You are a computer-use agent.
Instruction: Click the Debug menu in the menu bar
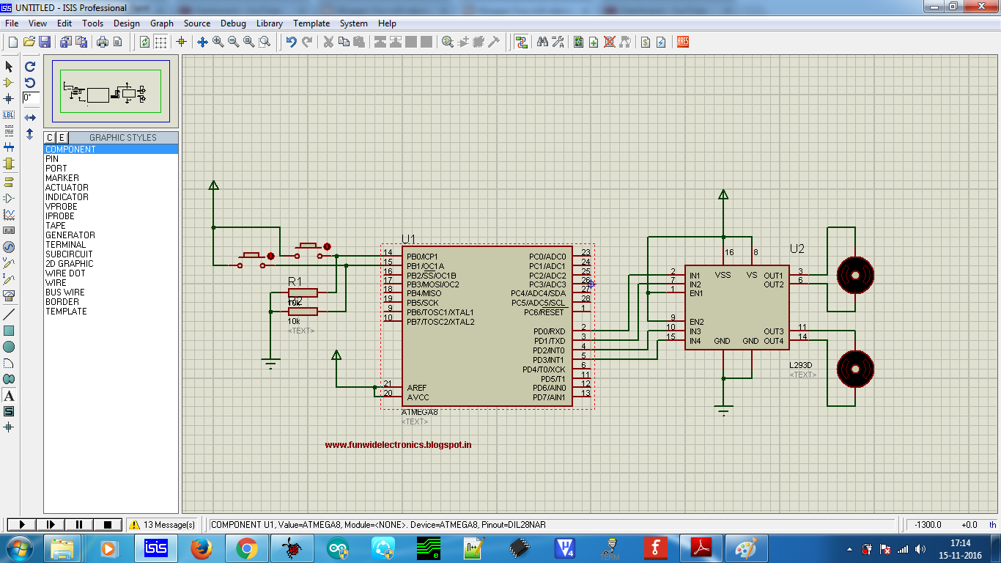pyautogui.click(x=233, y=23)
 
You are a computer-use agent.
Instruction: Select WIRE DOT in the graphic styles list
pyautogui.click(x=65, y=273)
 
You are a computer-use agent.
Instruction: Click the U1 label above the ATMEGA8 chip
pyautogui.click(x=408, y=239)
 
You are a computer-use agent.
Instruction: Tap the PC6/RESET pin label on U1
pyautogui.click(x=544, y=312)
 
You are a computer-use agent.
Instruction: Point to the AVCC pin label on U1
pyautogui.click(x=418, y=397)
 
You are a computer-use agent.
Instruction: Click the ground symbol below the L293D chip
pyautogui.click(x=724, y=411)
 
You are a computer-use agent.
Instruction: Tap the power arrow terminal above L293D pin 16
pyautogui.click(x=723, y=194)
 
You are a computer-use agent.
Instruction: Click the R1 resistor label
pyautogui.click(x=295, y=281)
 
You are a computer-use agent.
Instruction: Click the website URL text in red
pyautogui.click(x=398, y=445)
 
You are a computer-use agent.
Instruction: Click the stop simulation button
pyautogui.click(x=108, y=525)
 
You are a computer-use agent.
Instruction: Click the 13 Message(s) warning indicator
pyautogui.click(x=162, y=525)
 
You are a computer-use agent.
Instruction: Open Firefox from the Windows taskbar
pyautogui.click(x=201, y=548)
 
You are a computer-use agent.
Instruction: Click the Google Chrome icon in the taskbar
pyautogui.click(x=246, y=548)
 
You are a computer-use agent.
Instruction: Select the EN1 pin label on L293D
pyautogui.click(x=695, y=293)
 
